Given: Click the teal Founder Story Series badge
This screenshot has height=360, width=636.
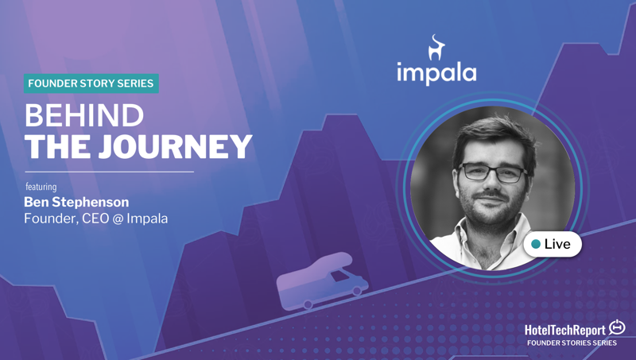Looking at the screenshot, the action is pos(91,83).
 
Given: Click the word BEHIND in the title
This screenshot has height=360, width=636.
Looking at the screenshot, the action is pos(84,115).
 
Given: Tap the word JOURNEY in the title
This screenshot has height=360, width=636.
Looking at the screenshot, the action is pos(175,146).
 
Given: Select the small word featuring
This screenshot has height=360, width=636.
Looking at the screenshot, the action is pos(41,187).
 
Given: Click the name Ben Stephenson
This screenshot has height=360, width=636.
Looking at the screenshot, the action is pos(76,202).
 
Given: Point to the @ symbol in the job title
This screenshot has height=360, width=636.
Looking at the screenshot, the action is pos(118,219).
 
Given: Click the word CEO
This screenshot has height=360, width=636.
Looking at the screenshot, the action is pos(95,219).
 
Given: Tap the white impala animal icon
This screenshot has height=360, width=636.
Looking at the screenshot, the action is pos(436,48).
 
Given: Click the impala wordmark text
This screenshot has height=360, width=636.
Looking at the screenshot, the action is pos(436,73).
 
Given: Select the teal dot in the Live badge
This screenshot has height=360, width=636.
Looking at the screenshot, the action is pos(536,244).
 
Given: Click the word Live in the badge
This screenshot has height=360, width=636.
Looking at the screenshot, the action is pos(557,244).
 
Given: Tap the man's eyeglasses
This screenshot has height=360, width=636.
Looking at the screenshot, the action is pos(492,172).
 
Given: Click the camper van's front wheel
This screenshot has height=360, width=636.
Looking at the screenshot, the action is pos(357,290).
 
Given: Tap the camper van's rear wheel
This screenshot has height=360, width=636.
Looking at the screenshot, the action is pos(308,304).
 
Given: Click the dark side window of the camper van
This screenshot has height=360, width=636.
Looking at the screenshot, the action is pos(339,277).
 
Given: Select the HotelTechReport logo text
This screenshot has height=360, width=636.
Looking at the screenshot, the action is pos(565,330).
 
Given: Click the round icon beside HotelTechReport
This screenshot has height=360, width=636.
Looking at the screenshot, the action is pos(617,327).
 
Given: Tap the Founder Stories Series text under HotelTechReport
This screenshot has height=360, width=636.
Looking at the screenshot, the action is pos(572,343).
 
